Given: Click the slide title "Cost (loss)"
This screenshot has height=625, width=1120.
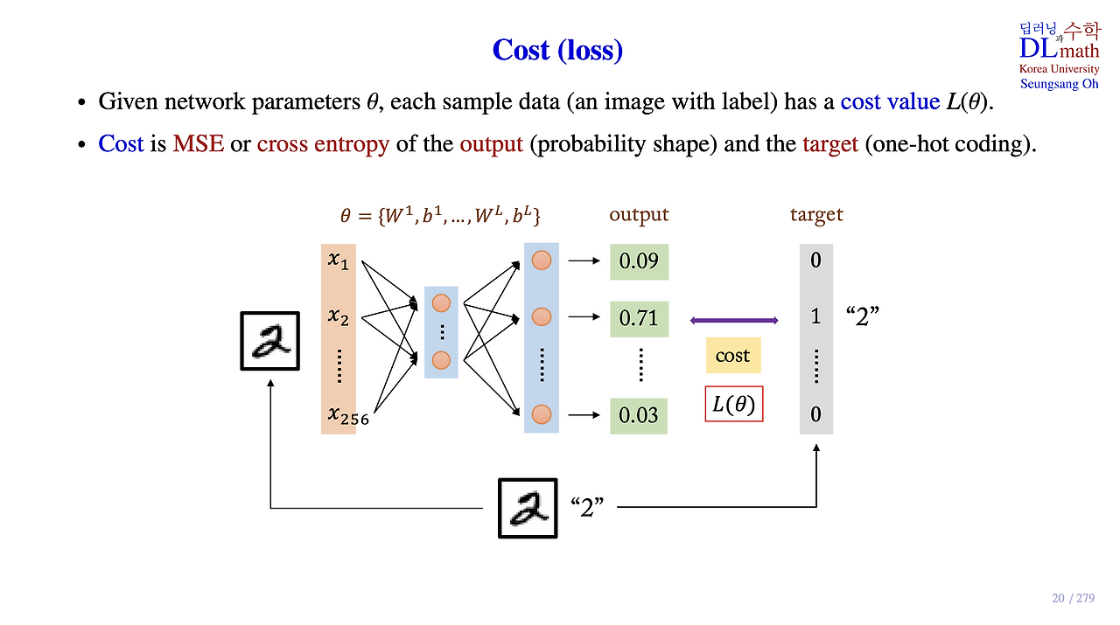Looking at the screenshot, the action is point(557,50).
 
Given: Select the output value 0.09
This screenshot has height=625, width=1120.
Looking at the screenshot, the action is point(639,261).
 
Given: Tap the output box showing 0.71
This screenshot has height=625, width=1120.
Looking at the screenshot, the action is point(639,319).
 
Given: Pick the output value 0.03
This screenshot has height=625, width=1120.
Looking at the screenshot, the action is point(639,416).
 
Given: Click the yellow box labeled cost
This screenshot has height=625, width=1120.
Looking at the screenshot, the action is point(733,355).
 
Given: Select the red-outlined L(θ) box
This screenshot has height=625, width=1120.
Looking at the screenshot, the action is point(734,404).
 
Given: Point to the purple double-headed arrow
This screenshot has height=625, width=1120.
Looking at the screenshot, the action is point(734,321).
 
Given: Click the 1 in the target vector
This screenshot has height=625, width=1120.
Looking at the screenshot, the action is point(816,316).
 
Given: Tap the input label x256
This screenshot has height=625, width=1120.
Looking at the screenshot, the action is point(348,416).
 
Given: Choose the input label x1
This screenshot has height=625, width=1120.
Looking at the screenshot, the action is point(338,260).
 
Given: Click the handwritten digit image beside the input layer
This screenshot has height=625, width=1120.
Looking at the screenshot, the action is point(270,341).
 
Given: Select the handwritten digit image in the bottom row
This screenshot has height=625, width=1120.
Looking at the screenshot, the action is point(528,508).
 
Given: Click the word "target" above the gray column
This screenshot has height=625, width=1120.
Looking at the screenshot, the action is point(816,215).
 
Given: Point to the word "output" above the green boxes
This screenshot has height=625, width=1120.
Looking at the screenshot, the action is point(639,215).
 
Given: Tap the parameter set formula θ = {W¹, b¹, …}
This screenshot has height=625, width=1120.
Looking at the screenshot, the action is point(440,216).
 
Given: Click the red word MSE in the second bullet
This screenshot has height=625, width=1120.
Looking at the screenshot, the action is point(198,144).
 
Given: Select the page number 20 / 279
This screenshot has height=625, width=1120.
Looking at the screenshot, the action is point(1073,598).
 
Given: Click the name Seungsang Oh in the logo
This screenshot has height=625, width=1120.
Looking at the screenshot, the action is point(1059,84).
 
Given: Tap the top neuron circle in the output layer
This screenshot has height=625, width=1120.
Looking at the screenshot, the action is point(542,260).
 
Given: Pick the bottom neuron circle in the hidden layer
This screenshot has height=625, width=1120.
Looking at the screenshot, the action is point(441,360).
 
